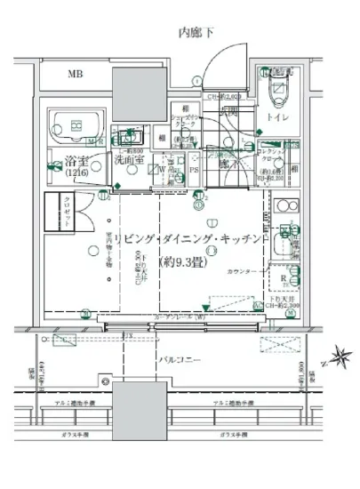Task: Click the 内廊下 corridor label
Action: tap(196, 33)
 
